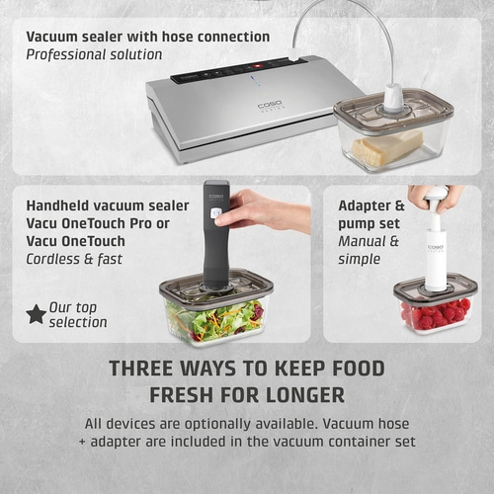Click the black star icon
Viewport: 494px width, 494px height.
click(x=36, y=314)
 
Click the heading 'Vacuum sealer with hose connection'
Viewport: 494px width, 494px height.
click(x=148, y=37)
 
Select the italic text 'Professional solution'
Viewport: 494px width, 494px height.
click(x=95, y=54)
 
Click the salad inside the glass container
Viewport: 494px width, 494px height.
click(x=213, y=320)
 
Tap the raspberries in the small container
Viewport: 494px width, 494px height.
click(x=436, y=314)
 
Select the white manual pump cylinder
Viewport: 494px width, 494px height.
click(x=435, y=251)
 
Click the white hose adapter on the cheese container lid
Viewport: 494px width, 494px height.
click(x=393, y=97)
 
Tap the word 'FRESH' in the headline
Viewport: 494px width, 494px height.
click(x=187, y=395)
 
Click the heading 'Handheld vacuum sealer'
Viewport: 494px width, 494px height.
click(x=108, y=205)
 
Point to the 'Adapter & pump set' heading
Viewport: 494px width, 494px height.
click(x=371, y=214)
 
